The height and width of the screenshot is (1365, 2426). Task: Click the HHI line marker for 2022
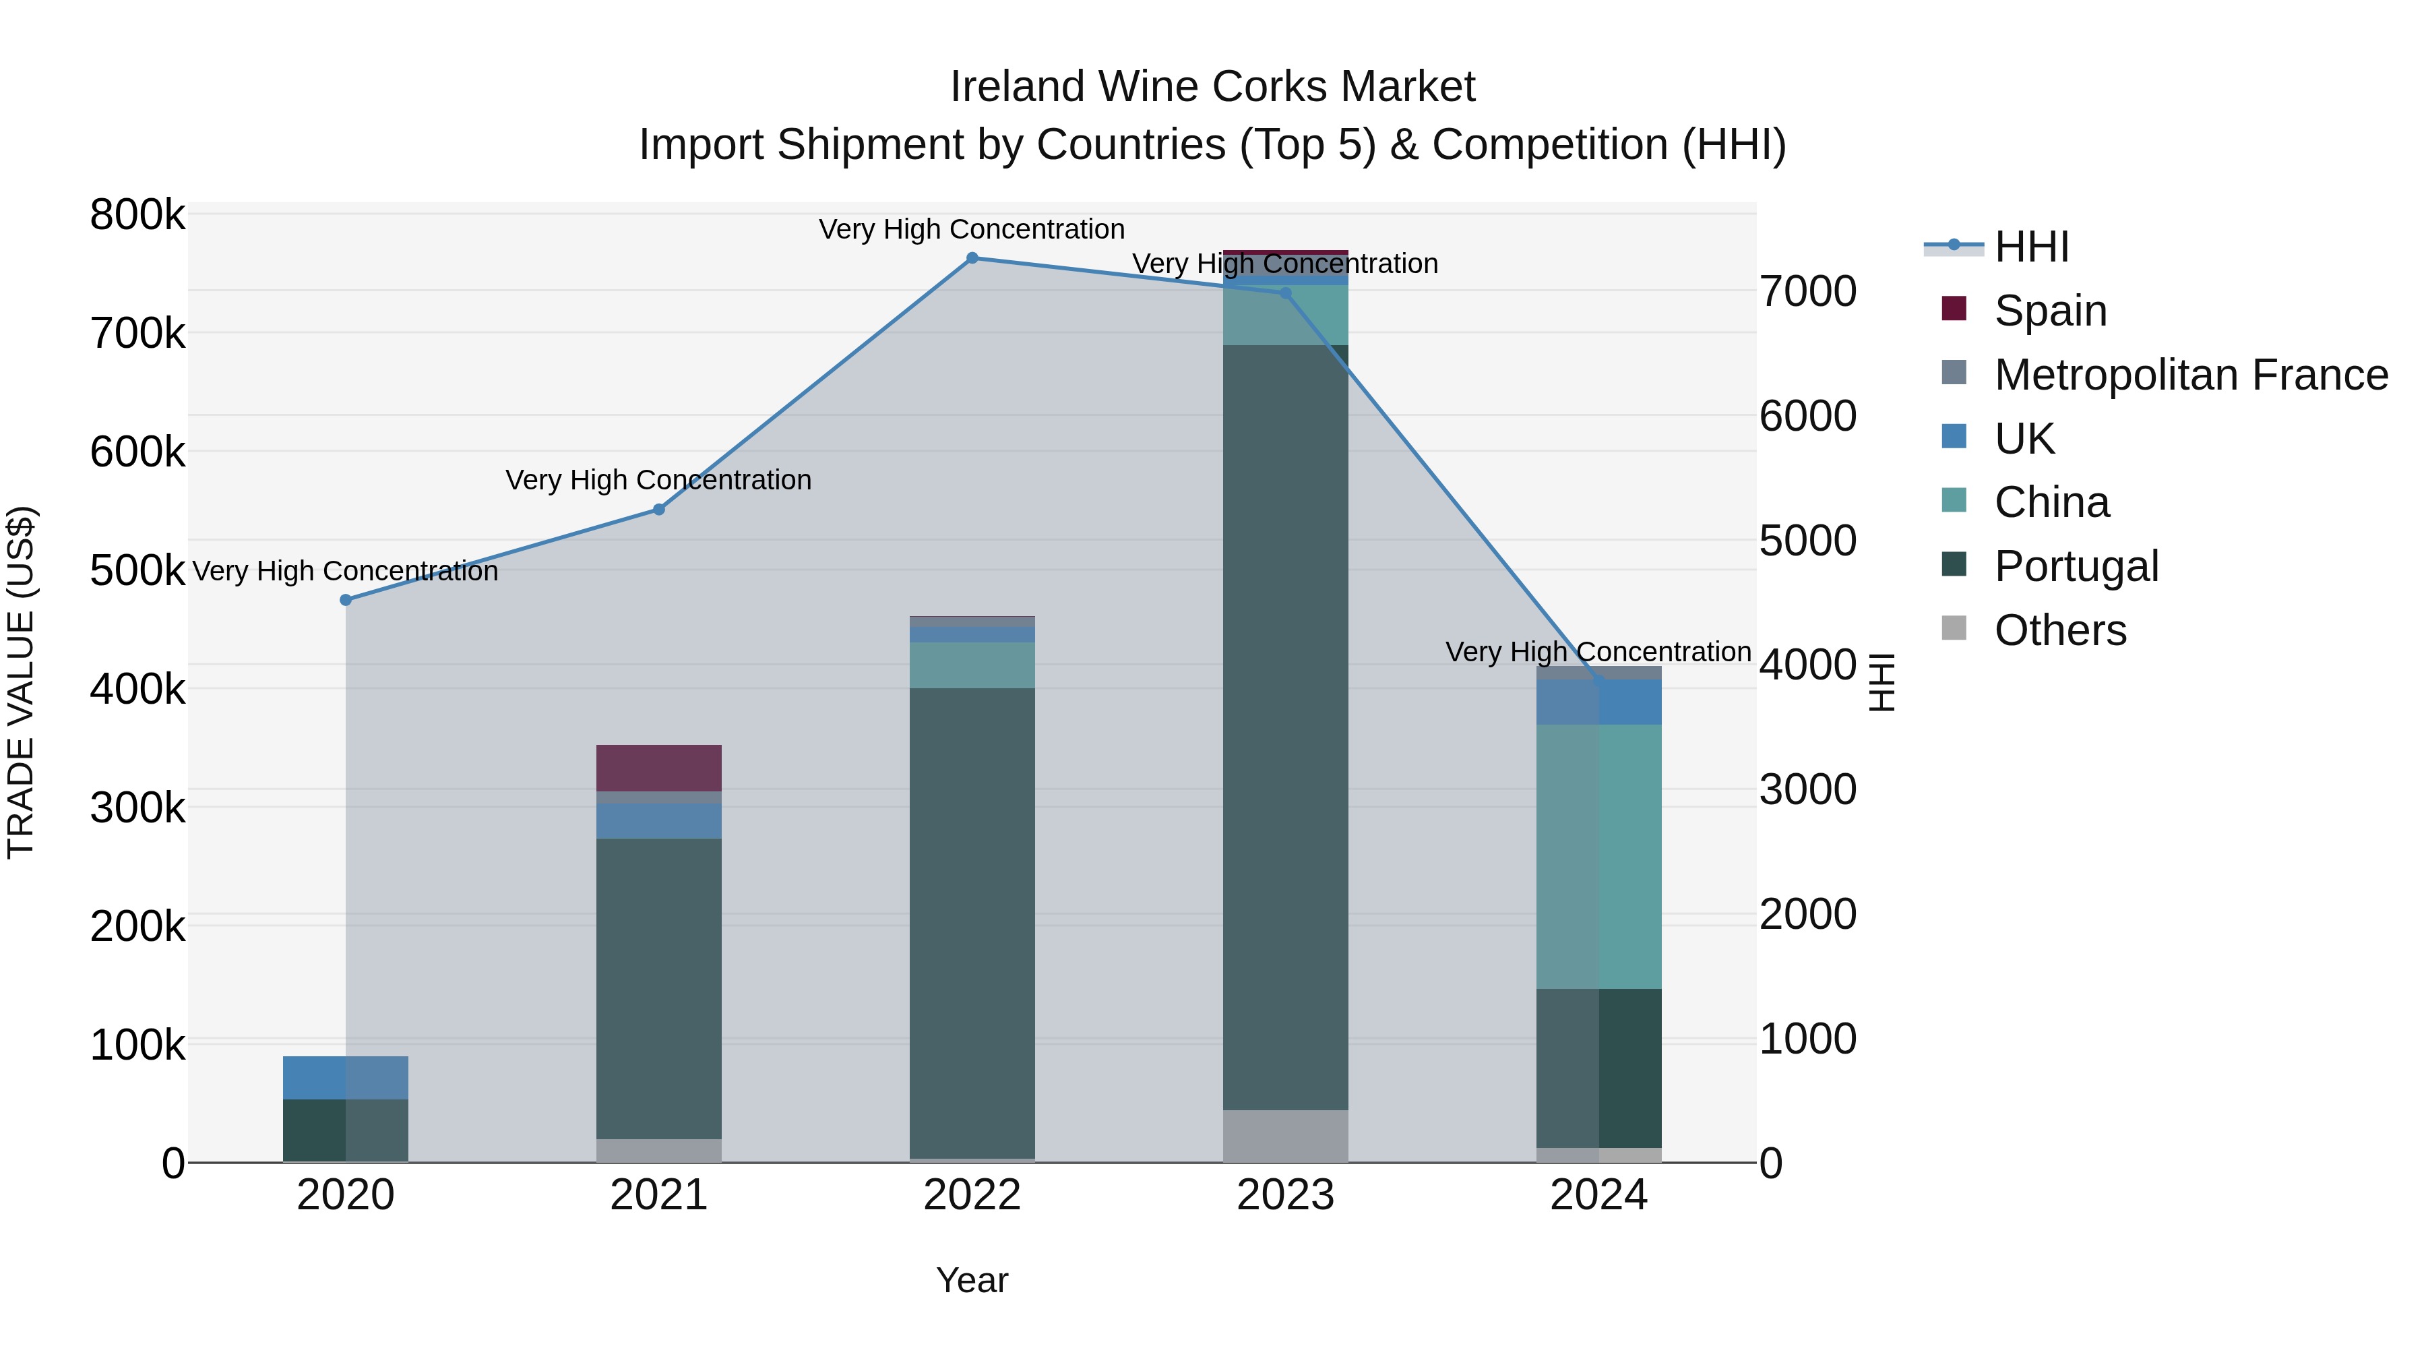coord(972,258)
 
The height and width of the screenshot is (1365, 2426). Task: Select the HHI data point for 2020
coord(346,600)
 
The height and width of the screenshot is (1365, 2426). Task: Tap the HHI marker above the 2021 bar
coord(659,510)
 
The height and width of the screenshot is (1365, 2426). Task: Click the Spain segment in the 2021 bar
coord(659,768)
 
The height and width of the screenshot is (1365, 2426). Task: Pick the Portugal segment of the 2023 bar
coord(1286,725)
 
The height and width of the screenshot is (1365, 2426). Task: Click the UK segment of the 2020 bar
coord(346,1078)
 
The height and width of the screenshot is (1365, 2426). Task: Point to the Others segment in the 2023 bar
coord(1286,1135)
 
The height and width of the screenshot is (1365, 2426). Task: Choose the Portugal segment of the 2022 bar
coord(972,923)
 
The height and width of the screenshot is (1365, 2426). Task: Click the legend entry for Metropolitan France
coord(2191,375)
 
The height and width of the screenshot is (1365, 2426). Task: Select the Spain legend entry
coord(2049,311)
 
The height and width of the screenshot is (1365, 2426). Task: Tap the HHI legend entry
coord(2030,247)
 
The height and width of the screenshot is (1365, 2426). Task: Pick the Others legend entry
coord(2059,630)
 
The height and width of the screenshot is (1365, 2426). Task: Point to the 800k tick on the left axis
coord(137,215)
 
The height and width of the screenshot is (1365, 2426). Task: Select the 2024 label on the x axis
coord(1599,1195)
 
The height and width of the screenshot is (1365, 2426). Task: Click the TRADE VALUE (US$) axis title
coord(21,682)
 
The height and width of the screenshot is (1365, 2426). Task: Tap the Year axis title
coord(972,1280)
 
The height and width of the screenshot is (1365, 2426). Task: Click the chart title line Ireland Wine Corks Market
coord(1212,87)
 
